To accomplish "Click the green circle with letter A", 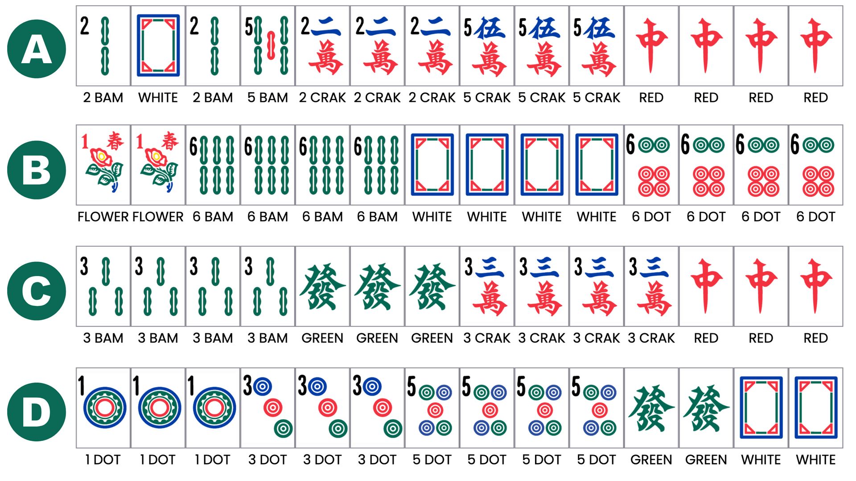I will pos(37,49).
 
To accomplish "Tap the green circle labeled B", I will pos(37,170).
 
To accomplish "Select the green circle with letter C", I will pos(37,291).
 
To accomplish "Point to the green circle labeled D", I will pos(37,412).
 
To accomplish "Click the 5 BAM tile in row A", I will pos(267,45).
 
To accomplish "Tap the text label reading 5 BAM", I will pos(267,98).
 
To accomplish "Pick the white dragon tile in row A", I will pos(158,45).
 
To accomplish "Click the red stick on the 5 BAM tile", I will pos(271,45).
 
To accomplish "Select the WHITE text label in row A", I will pos(158,98).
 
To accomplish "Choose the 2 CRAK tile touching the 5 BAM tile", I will pos(322,45).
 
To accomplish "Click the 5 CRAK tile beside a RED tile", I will pos(597,45).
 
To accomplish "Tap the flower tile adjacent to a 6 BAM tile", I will pos(158,165).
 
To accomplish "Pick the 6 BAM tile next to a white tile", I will pos(377,165).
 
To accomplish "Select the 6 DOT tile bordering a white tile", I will pos(651,165).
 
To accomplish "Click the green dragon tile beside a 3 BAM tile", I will pos(322,286).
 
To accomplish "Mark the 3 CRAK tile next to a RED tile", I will pos(651,286).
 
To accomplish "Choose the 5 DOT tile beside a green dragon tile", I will pos(597,408).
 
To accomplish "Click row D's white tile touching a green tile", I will pos(761,408).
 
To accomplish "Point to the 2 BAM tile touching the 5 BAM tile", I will pos(213,45).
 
